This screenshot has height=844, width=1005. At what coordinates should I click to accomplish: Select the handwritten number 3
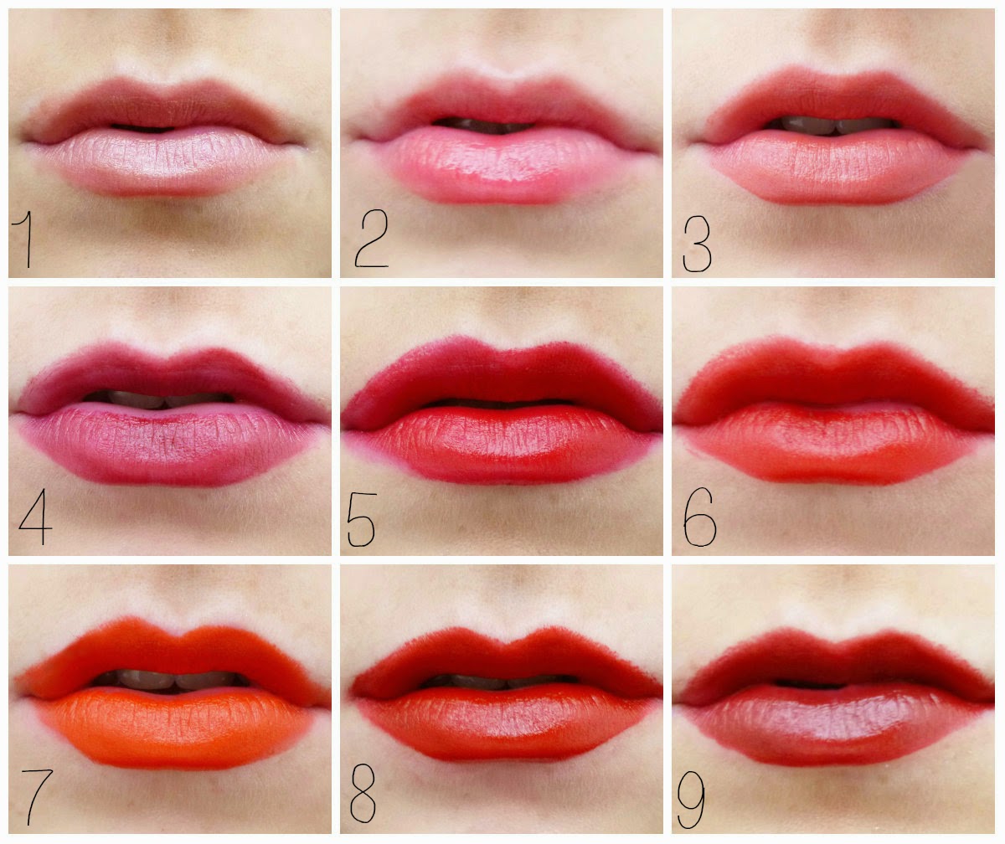point(697,244)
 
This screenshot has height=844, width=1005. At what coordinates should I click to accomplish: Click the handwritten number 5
point(362,520)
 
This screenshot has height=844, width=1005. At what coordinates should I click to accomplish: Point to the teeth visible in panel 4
point(159,399)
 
